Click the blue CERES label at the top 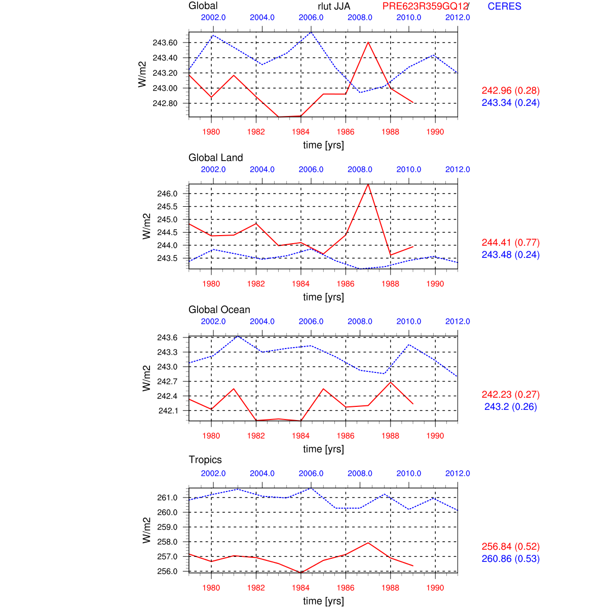coord(504,7)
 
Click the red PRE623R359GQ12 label coord(425,7)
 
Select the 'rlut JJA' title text coord(334,7)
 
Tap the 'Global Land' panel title coord(215,158)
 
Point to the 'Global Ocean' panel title coord(219,310)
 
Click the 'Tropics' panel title coord(205,460)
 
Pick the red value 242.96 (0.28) coord(510,91)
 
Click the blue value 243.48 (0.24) coord(510,255)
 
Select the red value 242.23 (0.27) coord(510,395)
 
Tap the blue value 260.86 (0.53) coord(510,559)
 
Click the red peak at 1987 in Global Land coord(368,184)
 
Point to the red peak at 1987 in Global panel coord(368,42)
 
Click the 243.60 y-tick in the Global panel coord(165,43)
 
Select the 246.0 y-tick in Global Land coord(167,194)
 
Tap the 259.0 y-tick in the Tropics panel coord(167,527)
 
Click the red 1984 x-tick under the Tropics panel coord(301,588)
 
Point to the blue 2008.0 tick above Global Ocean coord(360,321)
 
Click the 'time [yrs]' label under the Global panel coord(323,145)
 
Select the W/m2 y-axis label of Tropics coord(146,530)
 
